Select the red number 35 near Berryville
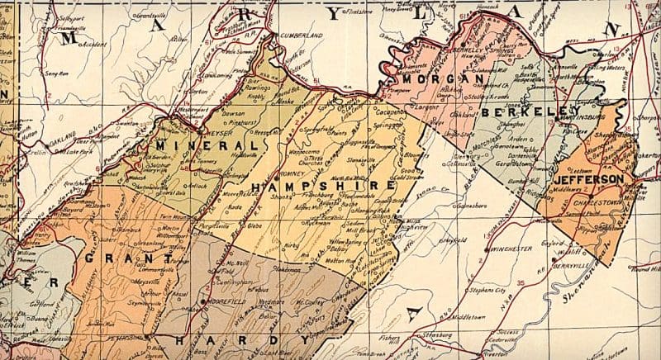coord(521,283)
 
